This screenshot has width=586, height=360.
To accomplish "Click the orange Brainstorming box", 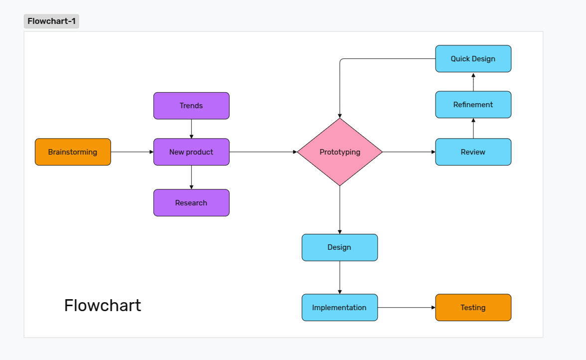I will click(x=73, y=152).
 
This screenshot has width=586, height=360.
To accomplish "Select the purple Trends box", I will click(x=191, y=106).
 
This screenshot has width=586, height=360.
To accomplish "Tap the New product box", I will click(x=191, y=152).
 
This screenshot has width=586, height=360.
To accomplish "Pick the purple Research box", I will click(x=191, y=203).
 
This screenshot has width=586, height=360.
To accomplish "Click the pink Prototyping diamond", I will click(x=340, y=152).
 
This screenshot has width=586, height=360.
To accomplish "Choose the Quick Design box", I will click(x=473, y=59).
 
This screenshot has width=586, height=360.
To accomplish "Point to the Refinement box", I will click(x=473, y=105).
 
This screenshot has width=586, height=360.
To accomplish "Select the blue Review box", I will click(x=473, y=152).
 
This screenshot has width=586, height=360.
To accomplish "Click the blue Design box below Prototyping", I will click(x=339, y=247).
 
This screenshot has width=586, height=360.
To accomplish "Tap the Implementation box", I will click(x=339, y=308).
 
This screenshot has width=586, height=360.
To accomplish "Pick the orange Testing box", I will click(x=473, y=308).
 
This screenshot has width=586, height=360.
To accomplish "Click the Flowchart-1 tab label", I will click(x=51, y=21).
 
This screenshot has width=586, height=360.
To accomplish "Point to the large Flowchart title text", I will click(x=103, y=305).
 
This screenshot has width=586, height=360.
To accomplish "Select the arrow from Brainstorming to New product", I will click(x=132, y=152).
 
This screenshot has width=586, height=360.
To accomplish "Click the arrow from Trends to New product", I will click(x=191, y=129).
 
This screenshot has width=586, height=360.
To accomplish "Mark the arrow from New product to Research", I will click(x=191, y=178).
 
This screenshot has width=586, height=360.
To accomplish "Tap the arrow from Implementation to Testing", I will click(x=406, y=308).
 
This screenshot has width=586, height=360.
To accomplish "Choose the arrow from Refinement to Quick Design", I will click(x=473, y=82).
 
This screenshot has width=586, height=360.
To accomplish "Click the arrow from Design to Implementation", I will click(x=340, y=277).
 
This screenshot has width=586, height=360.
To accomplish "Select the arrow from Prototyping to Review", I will click(x=409, y=152).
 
